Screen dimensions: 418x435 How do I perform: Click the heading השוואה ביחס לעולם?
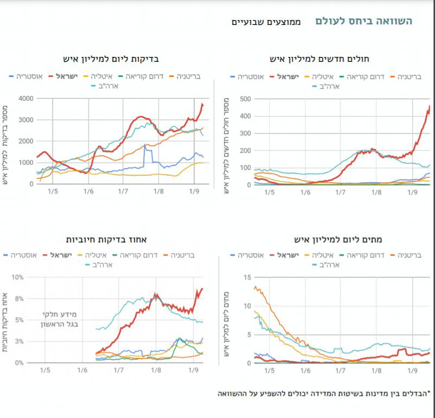click(364, 21)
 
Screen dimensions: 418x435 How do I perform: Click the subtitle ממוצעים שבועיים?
click(266, 22)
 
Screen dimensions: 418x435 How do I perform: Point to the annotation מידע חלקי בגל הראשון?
click(60, 319)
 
